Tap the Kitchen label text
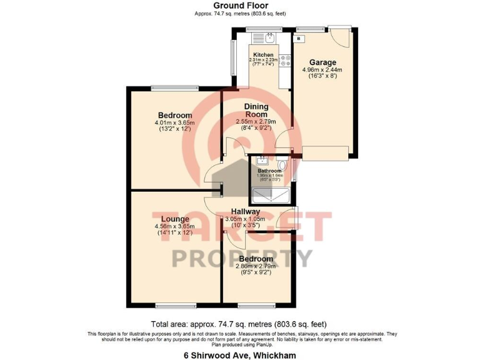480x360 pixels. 263,55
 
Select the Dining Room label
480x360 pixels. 256,111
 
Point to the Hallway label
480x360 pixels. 244,211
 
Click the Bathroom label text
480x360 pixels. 270,171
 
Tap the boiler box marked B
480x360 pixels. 299,39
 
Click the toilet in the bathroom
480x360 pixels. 283,165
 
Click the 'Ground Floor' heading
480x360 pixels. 240,5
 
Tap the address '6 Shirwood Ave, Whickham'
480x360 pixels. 239,354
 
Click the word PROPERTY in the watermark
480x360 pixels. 241,257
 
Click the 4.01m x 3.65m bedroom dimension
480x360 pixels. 174,123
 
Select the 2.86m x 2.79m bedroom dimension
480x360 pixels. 256,266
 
